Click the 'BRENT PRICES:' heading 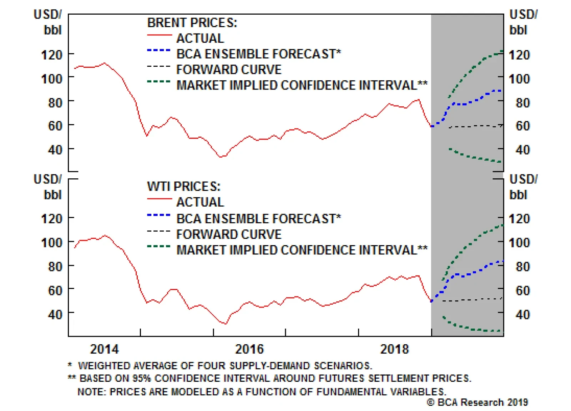pos(192,23)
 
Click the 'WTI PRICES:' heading pos(184,187)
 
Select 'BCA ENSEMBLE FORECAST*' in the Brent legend pos(259,54)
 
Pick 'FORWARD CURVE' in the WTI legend pos(229,234)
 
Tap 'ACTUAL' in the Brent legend pos(200,38)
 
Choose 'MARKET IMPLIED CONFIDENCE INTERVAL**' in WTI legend pos(302,250)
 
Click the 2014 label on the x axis pos(104,349)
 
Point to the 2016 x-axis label pos(249,349)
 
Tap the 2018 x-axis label pos(394,349)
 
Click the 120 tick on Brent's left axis pos(52,55)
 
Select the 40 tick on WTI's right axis pos(522,315)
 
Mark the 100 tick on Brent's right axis pos(519,79)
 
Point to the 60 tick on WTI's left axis pos(55,291)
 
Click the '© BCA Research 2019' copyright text pos(477,402)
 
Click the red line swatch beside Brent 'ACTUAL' pos(160,35)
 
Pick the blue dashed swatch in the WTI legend pos(159,215)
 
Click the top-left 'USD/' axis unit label pos(48,15)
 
